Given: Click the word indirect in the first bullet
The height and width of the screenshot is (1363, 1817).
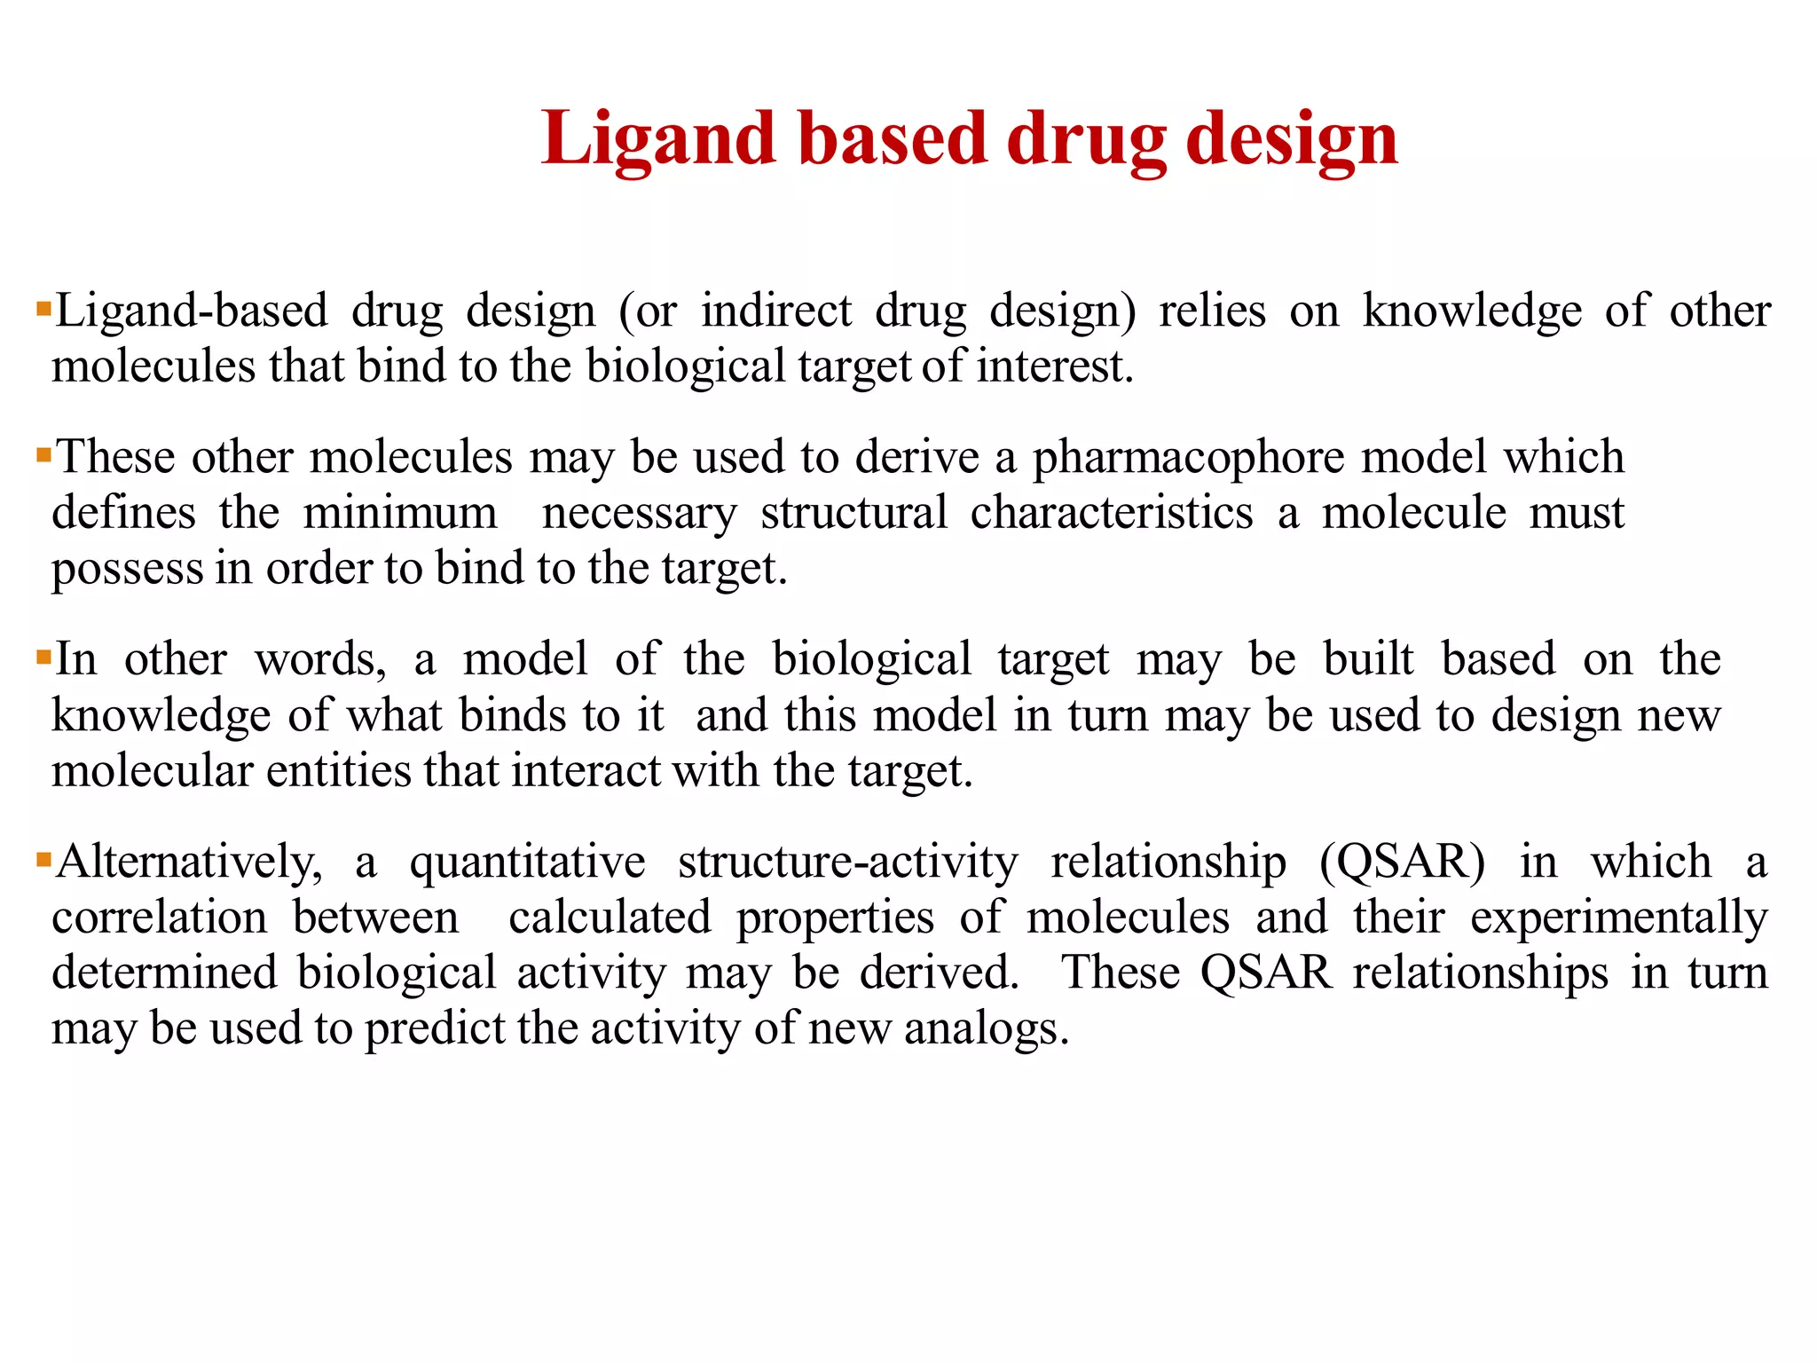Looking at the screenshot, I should [x=776, y=311].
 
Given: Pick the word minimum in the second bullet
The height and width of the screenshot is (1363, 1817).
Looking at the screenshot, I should [x=400, y=513].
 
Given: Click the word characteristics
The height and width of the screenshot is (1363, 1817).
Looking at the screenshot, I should [x=1112, y=513].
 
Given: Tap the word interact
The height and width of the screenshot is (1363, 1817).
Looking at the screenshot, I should [x=586, y=770].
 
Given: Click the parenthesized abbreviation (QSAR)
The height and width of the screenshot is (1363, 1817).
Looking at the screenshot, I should [x=1402, y=862].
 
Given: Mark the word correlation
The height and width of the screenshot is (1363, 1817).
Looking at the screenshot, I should [x=160, y=918].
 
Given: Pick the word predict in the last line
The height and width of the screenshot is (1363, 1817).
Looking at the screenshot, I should [x=435, y=1029].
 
